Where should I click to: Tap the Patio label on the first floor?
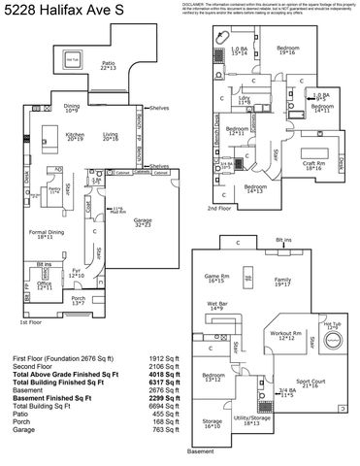[108, 65]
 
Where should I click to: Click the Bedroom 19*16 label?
[286, 50]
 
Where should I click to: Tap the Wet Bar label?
[217, 306]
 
